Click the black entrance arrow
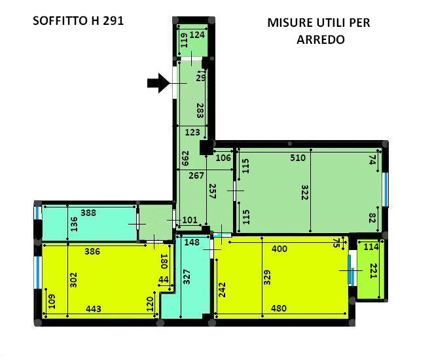[158, 83]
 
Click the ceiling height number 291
[113, 21]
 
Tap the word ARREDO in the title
[321, 40]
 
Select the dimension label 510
[298, 158]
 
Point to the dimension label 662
[185, 158]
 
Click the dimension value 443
[94, 309]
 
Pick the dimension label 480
[279, 308]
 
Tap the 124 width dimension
[197, 35]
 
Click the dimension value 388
[88, 213]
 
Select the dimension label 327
[187, 277]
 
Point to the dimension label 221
[373, 271]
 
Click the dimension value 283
[200, 111]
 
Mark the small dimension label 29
[201, 78]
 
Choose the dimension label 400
[279, 249]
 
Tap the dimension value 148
[192, 242]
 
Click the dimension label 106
[223, 158]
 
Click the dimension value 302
[73, 280]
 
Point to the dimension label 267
[196, 175]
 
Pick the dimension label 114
[371, 247]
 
